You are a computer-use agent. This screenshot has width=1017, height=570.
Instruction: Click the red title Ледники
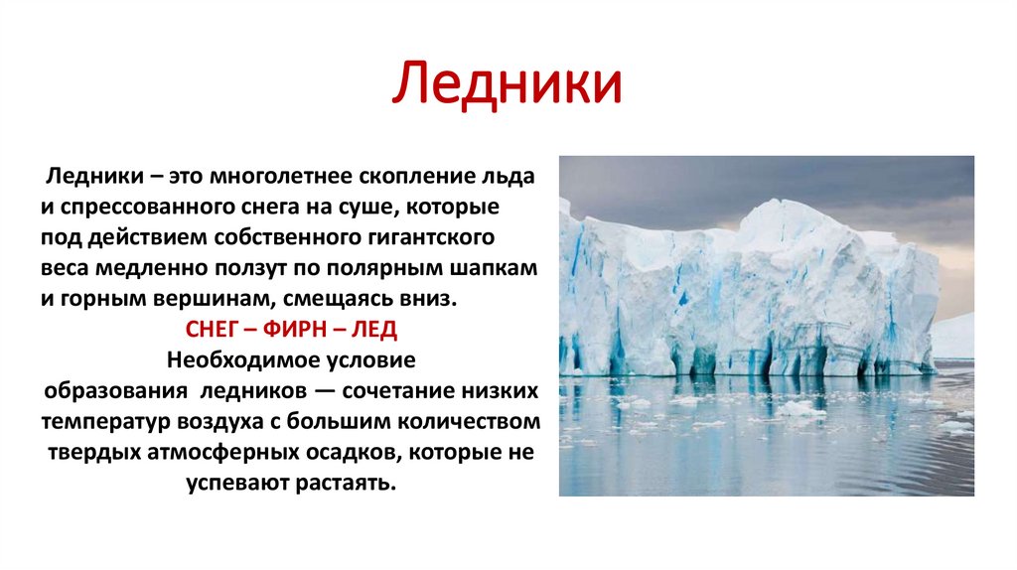508,83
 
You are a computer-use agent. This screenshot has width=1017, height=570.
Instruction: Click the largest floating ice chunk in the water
800,409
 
